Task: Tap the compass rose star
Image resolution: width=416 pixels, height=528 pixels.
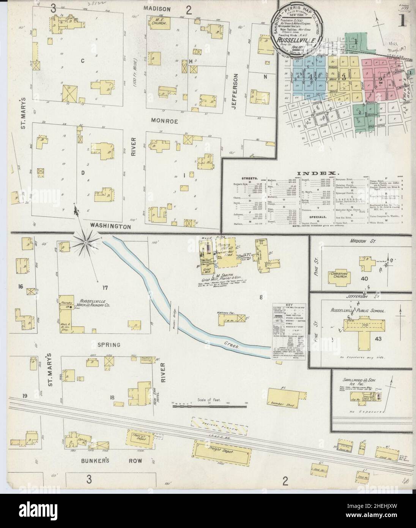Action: pos(87,241)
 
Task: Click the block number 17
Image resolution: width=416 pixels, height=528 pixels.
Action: pos(105,288)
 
